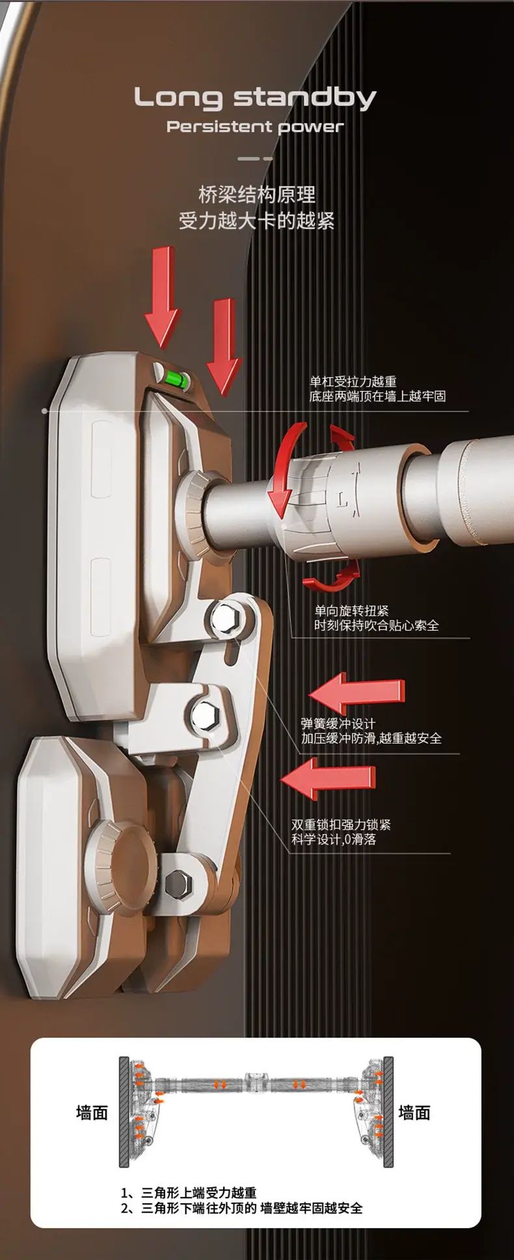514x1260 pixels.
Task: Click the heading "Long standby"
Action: (x=255, y=98)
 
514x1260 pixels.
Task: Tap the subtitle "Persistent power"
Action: (x=255, y=127)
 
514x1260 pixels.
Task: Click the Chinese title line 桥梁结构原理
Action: (x=257, y=195)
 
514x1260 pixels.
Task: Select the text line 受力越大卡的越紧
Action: (x=257, y=221)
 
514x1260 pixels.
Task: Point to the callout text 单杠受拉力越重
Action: (x=353, y=382)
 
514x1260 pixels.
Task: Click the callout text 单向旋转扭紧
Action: (x=351, y=611)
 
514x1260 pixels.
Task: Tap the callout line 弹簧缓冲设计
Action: (x=338, y=723)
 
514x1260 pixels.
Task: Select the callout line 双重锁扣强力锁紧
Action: (x=341, y=824)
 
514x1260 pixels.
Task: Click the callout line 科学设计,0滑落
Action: (x=334, y=839)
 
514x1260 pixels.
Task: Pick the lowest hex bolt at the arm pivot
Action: (x=178, y=884)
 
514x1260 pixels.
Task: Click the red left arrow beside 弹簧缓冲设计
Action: (x=356, y=693)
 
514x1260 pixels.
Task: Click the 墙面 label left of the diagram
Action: (x=92, y=1112)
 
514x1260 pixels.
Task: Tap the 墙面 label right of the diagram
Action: (x=414, y=1112)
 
